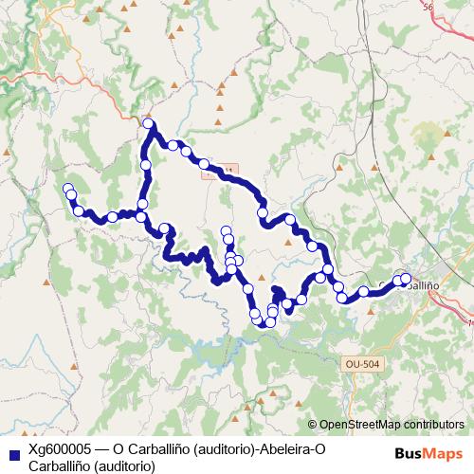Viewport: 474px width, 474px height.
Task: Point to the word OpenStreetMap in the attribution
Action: (364, 424)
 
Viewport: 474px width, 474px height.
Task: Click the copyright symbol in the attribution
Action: (312, 424)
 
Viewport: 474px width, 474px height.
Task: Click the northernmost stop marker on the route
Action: (149, 124)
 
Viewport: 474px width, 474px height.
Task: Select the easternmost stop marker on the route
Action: (406, 278)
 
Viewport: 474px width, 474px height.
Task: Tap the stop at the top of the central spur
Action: (226, 231)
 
